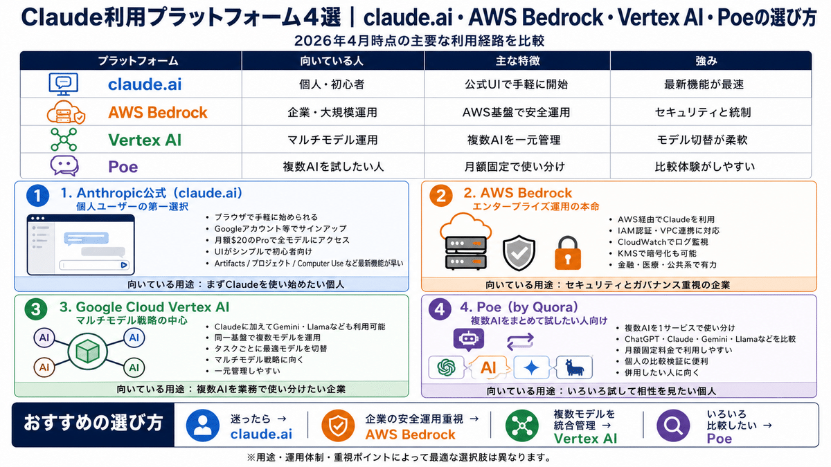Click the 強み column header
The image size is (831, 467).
(x=710, y=61)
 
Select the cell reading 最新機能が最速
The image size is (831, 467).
(x=710, y=84)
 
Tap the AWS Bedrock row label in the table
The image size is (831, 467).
(x=157, y=112)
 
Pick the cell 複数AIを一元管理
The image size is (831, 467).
(x=516, y=140)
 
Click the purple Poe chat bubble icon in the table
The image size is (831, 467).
(x=64, y=166)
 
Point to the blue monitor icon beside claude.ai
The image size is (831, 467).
(x=63, y=84)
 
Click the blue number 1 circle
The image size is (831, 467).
(x=39, y=196)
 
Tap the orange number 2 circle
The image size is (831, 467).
(x=440, y=196)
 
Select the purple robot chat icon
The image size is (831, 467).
(x=468, y=340)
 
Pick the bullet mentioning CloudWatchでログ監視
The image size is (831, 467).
(x=663, y=242)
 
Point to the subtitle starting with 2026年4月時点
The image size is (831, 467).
(x=415, y=40)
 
